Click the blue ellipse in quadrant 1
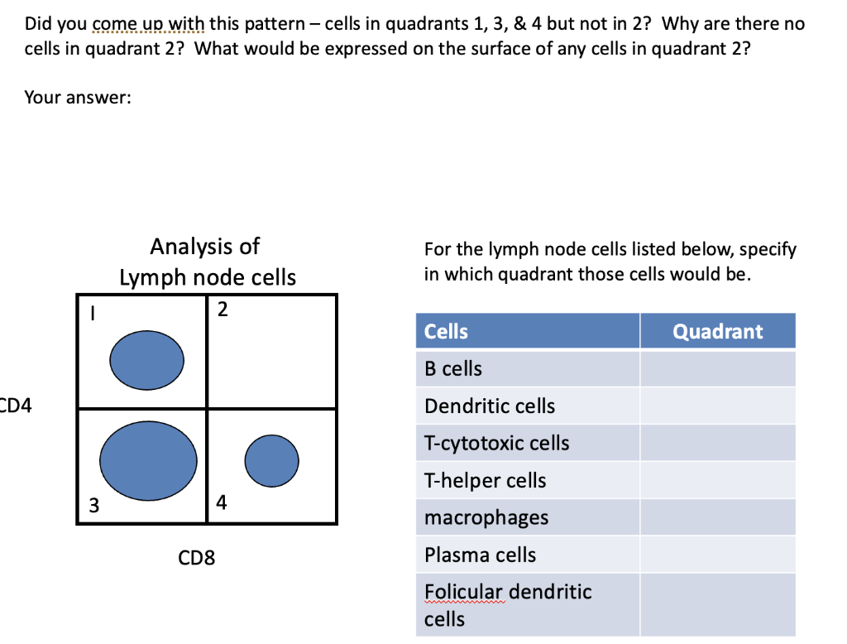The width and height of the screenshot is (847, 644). [x=147, y=357]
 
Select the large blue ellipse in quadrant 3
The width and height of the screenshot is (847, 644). [x=149, y=459]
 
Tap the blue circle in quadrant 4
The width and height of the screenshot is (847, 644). [x=271, y=460]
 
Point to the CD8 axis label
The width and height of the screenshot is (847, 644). [x=197, y=558]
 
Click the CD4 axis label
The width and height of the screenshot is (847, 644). [x=16, y=406]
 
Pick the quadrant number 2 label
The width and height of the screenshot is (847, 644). [x=222, y=310]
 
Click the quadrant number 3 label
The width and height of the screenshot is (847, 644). [x=94, y=505]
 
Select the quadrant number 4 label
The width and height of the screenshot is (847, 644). [x=221, y=502]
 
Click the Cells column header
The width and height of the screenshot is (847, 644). [x=446, y=331]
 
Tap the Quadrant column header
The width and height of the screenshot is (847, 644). [x=717, y=331]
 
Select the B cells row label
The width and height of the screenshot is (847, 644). [x=453, y=368]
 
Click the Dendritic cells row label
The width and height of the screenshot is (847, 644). [x=490, y=406]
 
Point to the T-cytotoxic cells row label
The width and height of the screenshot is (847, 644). [x=496, y=443]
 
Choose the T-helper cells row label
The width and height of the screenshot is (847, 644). [x=485, y=480]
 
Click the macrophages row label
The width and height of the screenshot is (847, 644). [x=486, y=517]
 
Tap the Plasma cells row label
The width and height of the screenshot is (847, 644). [x=480, y=555]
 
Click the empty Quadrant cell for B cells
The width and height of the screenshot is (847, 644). [x=717, y=368]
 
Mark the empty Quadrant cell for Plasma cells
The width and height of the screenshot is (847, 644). [x=717, y=555]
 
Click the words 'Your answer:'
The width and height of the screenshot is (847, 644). [x=78, y=98]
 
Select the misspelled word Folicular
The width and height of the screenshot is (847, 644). [x=463, y=592]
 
